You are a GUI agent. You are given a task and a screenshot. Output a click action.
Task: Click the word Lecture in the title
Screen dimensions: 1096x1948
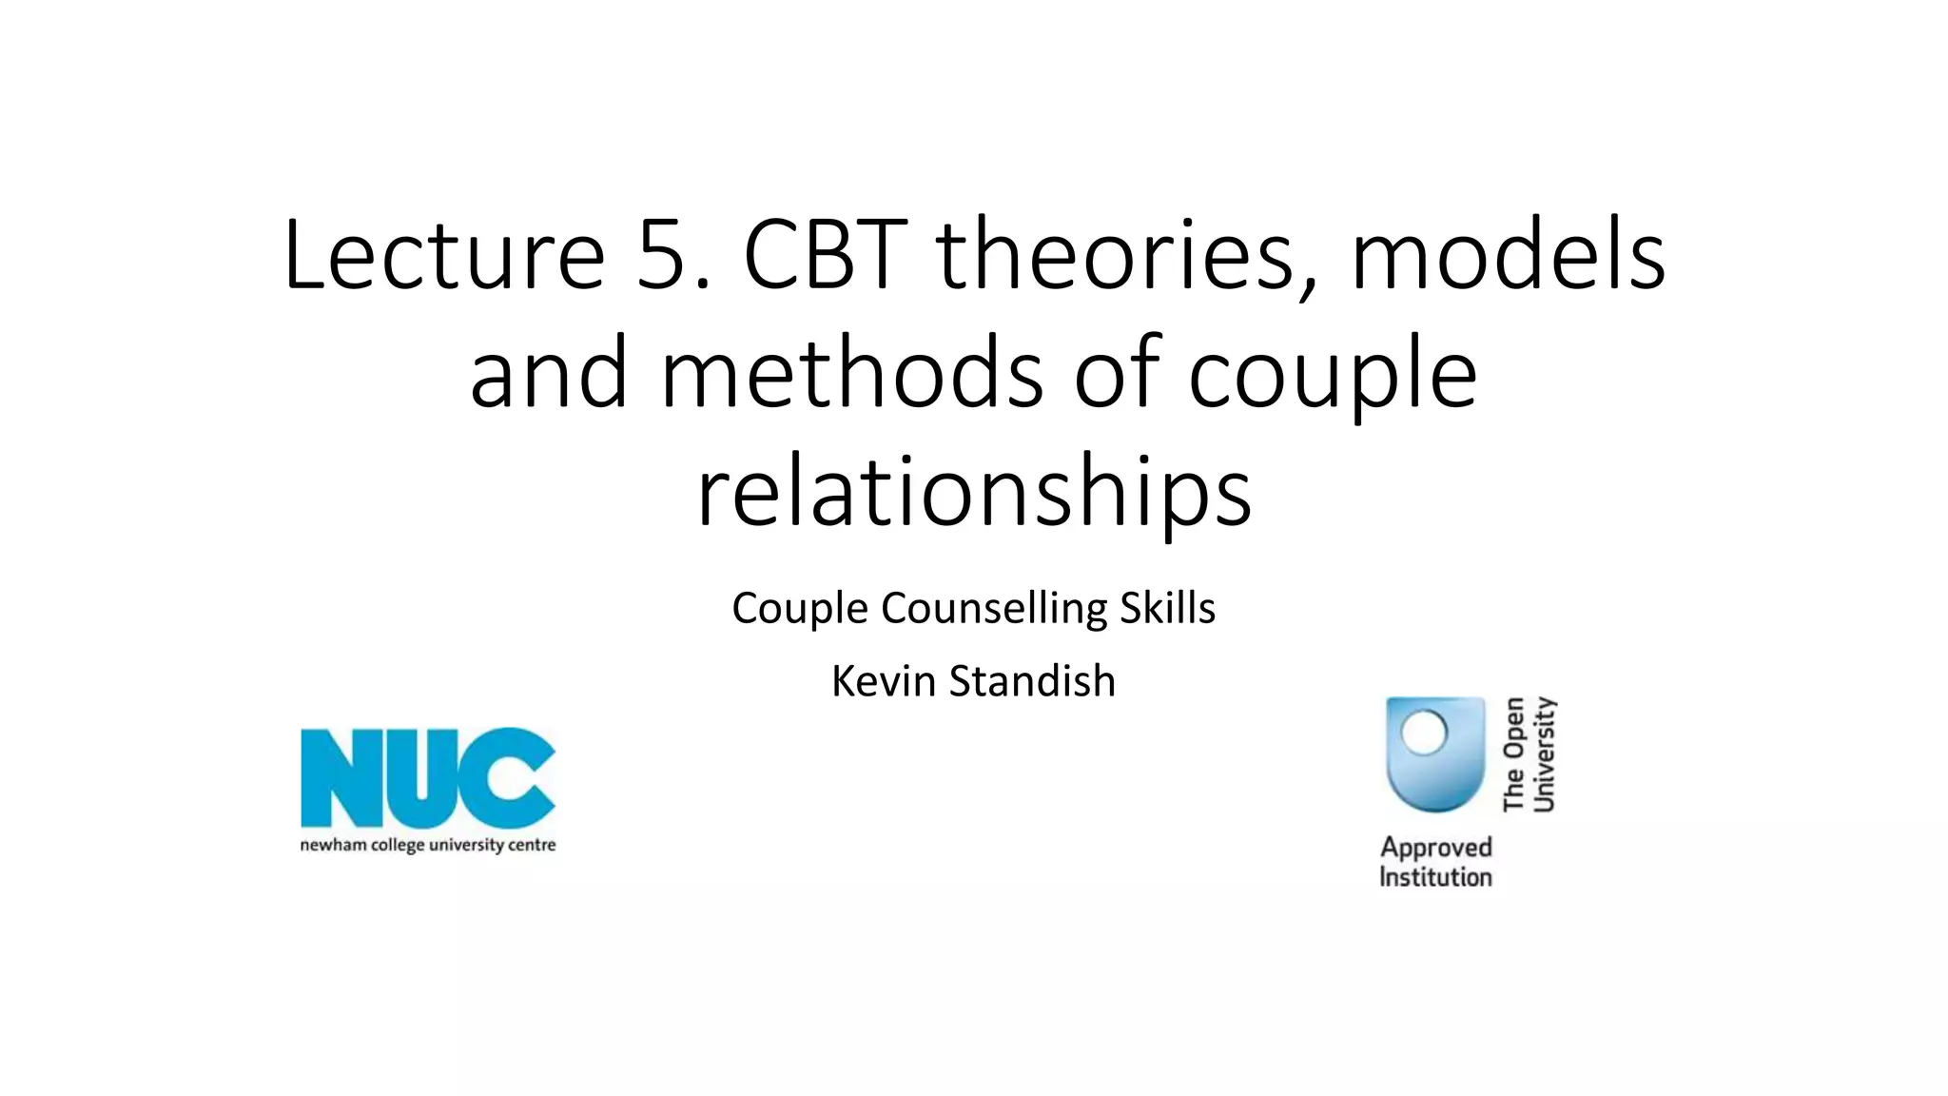[443, 255]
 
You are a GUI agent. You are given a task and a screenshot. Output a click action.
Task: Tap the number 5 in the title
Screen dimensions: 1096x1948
[666, 255]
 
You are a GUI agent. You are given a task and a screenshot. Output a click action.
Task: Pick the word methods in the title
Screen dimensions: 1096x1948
[851, 373]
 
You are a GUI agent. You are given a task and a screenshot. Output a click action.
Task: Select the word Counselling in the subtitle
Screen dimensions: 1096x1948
[994, 609]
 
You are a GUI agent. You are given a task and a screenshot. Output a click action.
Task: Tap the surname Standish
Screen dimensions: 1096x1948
[1032, 681]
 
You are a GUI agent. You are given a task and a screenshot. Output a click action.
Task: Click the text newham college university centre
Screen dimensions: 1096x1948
[428, 845]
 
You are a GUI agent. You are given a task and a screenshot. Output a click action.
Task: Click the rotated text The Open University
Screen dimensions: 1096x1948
[1529, 754]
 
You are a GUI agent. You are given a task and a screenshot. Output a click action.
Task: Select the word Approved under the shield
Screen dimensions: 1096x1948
[1435, 847]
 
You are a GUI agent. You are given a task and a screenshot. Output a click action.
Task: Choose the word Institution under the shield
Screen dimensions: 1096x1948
[1435, 876]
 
